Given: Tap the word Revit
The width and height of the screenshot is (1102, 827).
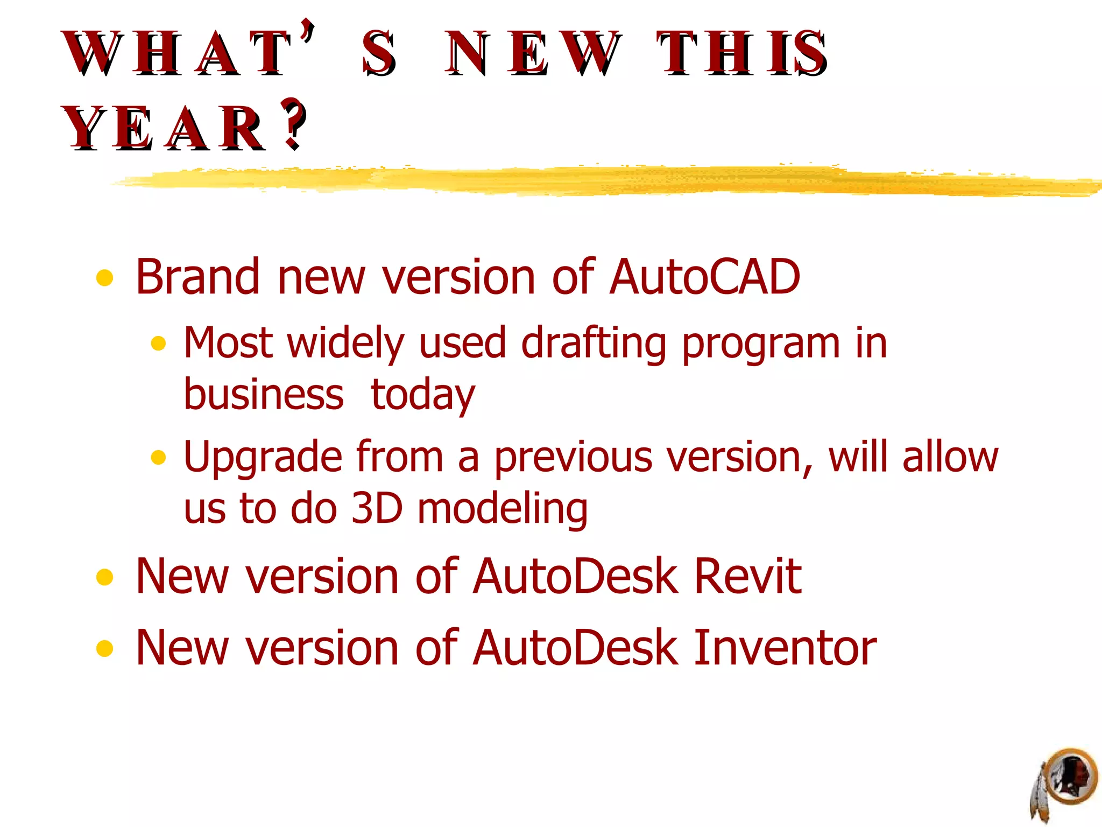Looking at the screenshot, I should tap(748, 576).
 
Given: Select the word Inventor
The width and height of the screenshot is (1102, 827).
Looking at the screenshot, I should tap(785, 648).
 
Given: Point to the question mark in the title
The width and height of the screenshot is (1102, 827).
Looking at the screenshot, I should tap(294, 124).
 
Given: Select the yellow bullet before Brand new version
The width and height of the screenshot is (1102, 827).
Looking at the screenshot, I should tap(104, 278).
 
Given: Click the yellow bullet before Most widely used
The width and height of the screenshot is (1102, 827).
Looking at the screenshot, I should tap(158, 344).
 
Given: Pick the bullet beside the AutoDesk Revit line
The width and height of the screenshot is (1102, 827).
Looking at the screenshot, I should tap(104, 577).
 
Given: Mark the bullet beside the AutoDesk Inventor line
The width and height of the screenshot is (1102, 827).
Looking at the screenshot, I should tap(104, 649).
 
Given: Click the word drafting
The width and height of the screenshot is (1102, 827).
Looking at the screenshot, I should tap(594, 344).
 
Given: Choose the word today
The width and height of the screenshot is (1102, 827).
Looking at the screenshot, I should tap(423, 395).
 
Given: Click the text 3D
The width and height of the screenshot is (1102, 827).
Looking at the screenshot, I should tap(377, 508).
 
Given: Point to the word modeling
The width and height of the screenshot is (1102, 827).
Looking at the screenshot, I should tap(503, 509).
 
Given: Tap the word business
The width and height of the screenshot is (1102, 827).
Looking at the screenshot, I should tap(264, 394).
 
